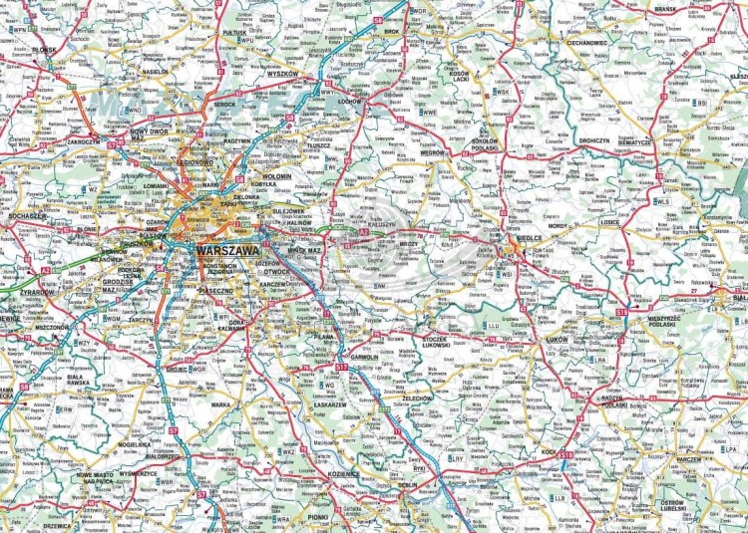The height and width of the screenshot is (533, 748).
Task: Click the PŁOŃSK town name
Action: [x=45, y=49]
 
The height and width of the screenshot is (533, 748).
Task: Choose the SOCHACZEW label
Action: [x=25, y=215]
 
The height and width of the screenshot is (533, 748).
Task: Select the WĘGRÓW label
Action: [x=431, y=153]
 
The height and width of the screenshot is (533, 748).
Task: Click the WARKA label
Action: [x=220, y=404]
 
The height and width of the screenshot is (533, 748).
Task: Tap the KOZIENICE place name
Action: [x=342, y=474]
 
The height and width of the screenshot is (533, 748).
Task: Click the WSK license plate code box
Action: [x=502, y=92]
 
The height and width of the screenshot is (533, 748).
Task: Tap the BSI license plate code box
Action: [x=702, y=102]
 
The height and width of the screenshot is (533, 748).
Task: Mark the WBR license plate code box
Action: [x=167, y=482]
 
